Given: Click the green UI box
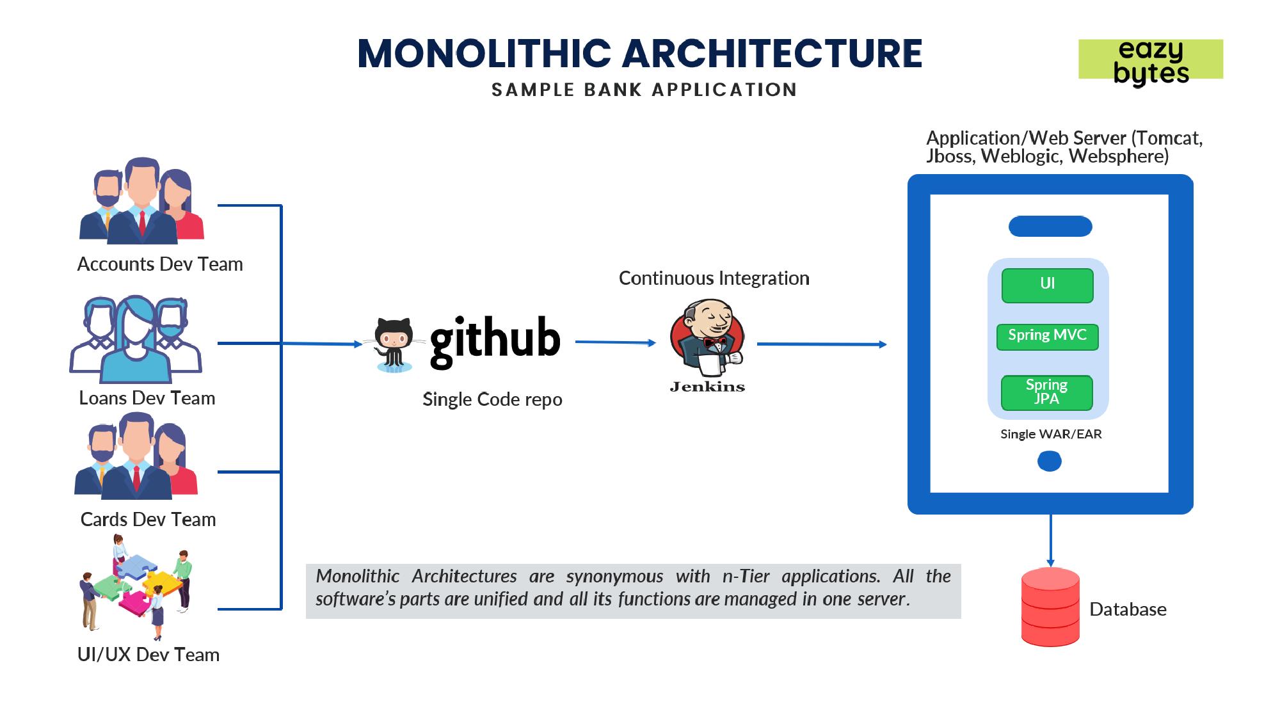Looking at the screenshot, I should tap(1047, 285).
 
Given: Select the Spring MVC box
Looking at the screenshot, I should tap(1047, 337).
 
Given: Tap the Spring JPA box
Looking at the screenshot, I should tap(1047, 392).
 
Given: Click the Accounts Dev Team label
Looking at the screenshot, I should tap(160, 264).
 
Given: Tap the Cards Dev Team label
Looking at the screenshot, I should tap(148, 520).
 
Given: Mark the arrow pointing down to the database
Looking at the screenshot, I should tap(1050, 541).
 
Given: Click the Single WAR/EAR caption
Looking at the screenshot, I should tap(1051, 434).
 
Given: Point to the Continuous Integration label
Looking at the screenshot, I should tap(714, 278).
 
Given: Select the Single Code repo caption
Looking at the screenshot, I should tap(492, 399).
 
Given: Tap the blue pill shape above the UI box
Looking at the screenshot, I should tap(1050, 227).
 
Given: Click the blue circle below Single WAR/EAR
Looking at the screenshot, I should tap(1050, 461).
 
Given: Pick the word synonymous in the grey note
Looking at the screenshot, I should tap(614, 577).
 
